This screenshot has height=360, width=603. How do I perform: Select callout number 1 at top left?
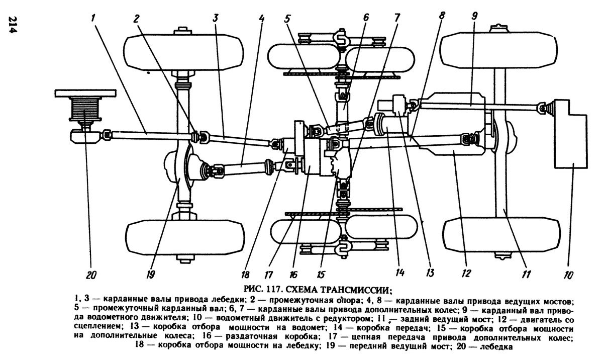(x=93, y=17)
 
